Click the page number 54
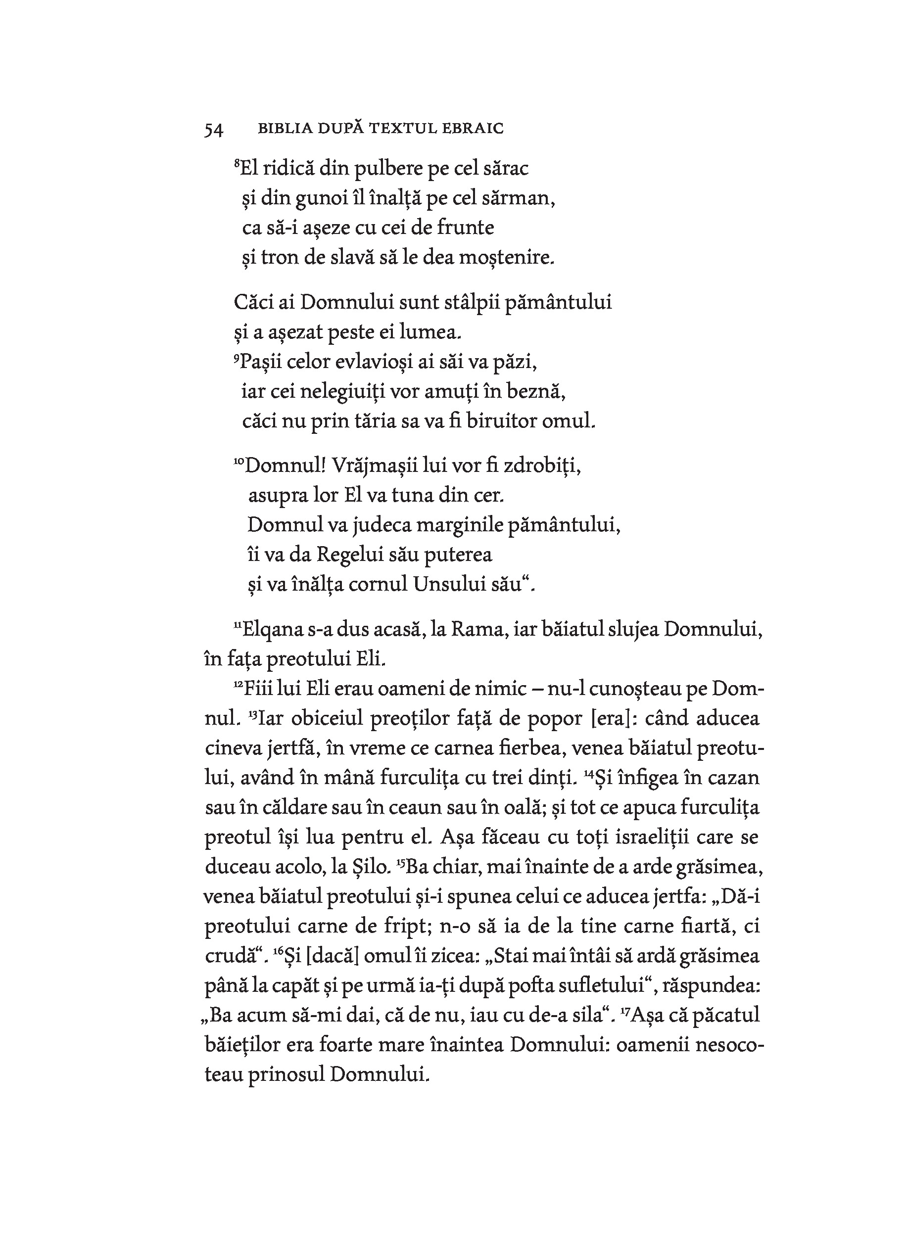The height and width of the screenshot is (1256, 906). (x=214, y=130)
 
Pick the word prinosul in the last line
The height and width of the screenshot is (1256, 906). (x=287, y=1075)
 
